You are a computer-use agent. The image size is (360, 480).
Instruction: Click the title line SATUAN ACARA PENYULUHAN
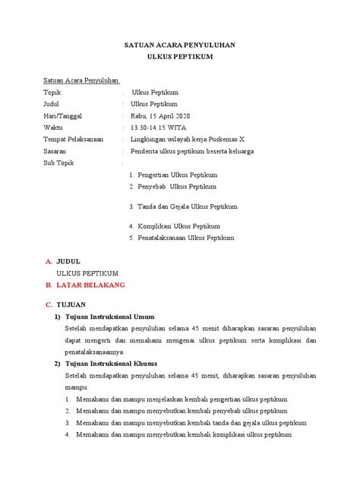tap(179, 46)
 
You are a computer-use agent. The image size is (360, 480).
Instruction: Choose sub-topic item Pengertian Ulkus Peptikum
tap(177, 175)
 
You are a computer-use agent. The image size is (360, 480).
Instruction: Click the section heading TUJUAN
tap(73, 305)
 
